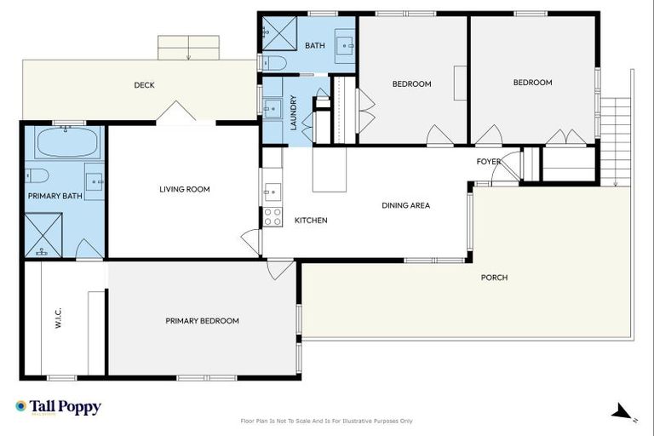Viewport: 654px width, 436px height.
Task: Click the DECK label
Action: coord(144,85)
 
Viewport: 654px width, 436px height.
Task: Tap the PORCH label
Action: coord(494,278)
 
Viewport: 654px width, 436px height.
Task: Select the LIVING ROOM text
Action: coord(184,189)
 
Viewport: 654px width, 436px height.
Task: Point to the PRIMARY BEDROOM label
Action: coord(202,321)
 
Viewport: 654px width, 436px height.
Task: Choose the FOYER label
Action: coord(488,161)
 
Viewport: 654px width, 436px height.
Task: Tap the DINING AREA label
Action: coord(405,205)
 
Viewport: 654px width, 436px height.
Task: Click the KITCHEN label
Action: coord(311,221)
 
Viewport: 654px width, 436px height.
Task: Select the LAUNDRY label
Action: coord(293,112)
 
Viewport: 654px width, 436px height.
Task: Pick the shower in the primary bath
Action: coord(42,234)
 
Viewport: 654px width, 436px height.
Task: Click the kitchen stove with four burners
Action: coord(272,216)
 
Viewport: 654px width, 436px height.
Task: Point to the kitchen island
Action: coord(330,169)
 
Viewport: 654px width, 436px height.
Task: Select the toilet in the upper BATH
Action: coord(274,62)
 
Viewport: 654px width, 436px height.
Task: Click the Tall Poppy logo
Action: coord(58,407)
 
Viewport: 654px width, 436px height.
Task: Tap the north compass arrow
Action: coord(621,414)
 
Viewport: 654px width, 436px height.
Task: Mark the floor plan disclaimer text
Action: coord(327,421)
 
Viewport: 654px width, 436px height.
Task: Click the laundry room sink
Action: coord(273,108)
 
